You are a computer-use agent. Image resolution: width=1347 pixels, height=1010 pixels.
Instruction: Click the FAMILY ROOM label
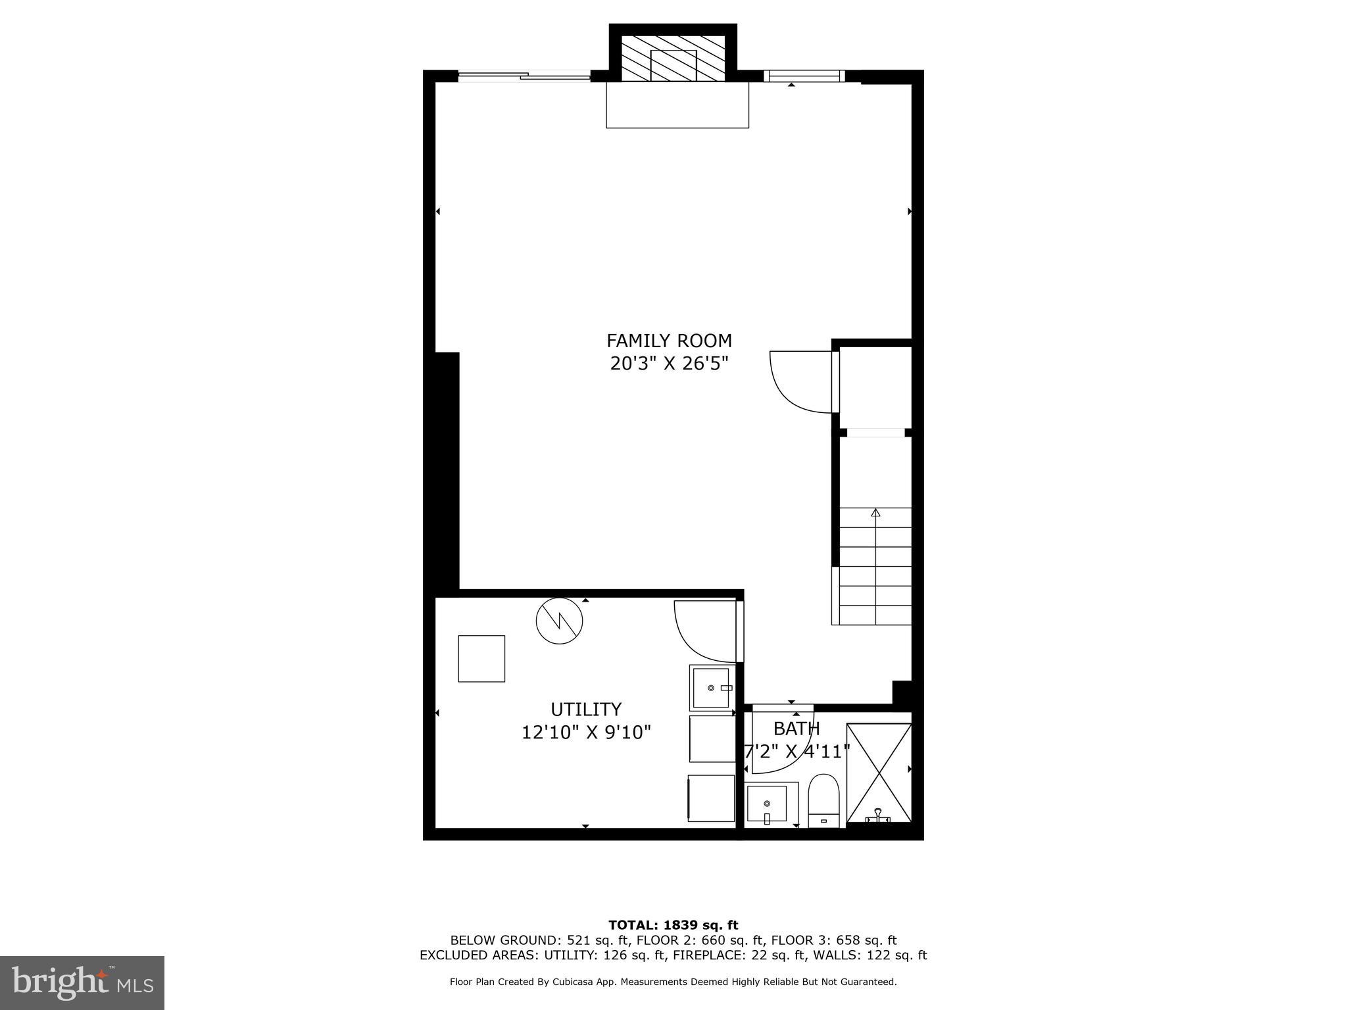click(x=669, y=341)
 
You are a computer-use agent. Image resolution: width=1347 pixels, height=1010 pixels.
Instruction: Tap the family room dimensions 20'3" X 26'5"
click(x=669, y=364)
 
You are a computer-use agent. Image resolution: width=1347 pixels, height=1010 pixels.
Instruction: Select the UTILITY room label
click(x=585, y=709)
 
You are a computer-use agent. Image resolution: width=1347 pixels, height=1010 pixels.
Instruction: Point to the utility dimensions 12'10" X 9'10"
click(x=585, y=733)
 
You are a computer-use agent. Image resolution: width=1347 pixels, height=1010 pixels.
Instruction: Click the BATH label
click(x=796, y=729)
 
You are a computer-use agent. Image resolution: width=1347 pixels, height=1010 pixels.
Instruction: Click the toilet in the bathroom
click(x=823, y=800)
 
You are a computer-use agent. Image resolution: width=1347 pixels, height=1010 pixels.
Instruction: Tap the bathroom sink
click(x=767, y=804)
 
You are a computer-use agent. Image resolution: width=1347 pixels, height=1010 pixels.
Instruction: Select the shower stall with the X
click(x=879, y=772)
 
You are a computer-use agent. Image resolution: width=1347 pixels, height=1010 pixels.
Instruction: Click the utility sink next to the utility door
click(x=711, y=688)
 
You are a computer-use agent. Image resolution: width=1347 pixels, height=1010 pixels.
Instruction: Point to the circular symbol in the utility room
click(x=560, y=620)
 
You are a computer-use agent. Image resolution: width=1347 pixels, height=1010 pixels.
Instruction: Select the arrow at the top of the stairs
click(x=875, y=513)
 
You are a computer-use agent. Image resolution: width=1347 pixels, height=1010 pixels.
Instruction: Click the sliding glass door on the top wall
click(x=524, y=76)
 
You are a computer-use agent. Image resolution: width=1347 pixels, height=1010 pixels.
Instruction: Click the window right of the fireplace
click(x=804, y=76)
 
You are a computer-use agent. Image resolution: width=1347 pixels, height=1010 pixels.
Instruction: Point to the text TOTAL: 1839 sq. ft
click(x=673, y=925)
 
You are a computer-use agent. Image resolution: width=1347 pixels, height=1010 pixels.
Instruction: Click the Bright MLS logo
click(x=82, y=982)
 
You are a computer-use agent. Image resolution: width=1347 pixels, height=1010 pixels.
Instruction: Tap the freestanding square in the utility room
click(x=481, y=658)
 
